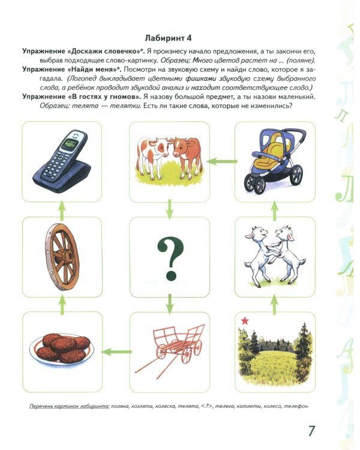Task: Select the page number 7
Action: tap(311, 431)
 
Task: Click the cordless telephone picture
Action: tap(58, 158)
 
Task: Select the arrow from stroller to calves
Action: tap(223, 161)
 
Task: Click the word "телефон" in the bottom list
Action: tap(293, 407)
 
